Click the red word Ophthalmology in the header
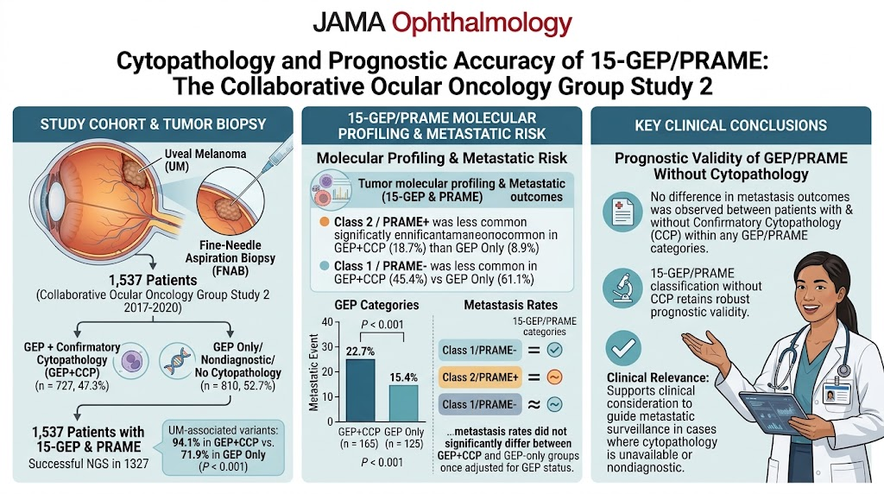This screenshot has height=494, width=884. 482,24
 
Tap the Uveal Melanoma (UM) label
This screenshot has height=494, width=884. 205,160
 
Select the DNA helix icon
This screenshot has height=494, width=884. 176,362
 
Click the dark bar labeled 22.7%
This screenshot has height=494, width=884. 360,390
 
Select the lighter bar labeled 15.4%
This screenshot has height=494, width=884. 404,403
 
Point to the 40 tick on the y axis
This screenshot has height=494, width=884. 327,322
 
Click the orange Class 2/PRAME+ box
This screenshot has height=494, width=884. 480,377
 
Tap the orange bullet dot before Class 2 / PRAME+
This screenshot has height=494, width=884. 325,222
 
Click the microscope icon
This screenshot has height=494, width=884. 622,288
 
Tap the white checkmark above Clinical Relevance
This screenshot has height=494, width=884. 623,348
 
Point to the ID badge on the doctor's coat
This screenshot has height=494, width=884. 836,393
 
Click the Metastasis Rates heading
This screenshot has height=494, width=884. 511,305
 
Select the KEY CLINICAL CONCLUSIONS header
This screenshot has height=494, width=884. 730,125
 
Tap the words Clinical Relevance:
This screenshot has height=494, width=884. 658,377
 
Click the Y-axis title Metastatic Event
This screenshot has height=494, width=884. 314,372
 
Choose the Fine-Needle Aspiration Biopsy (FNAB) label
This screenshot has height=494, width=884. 230,258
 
